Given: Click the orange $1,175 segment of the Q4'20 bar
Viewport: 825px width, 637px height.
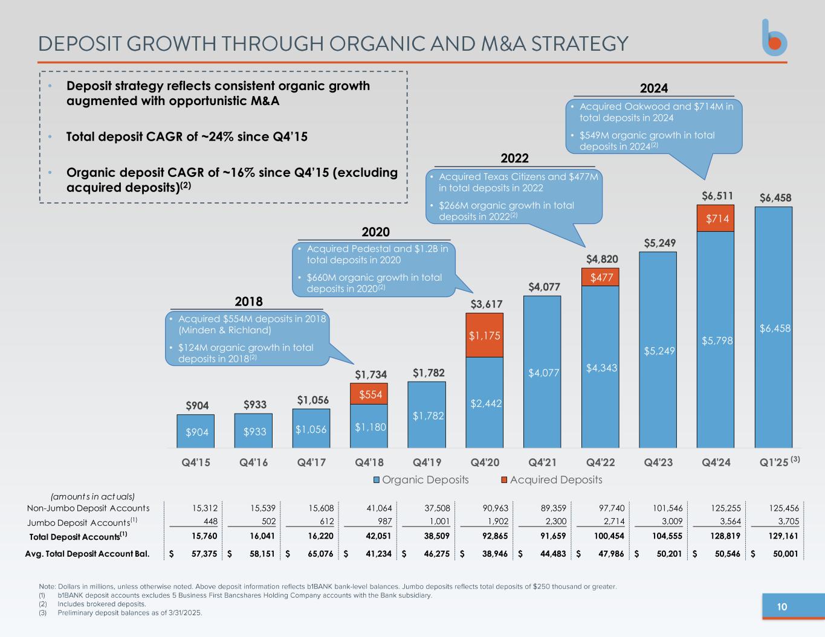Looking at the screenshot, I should pyautogui.click(x=485, y=335).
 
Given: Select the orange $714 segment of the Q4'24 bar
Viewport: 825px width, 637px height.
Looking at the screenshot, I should pyautogui.click(x=716, y=219).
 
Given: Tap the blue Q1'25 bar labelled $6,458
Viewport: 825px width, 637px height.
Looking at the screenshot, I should pyautogui.click(x=774, y=328).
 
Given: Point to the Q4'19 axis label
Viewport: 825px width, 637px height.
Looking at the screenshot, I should pyautogui.click(x=427, y=463).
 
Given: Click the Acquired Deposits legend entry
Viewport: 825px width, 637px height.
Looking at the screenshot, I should pyautogui.click(x=551, y=480).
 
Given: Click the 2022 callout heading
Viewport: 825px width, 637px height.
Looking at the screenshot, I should pyautogui.click(x=514, y=158).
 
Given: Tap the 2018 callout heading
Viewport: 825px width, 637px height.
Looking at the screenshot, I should pyautogui.click(x=248, y=301).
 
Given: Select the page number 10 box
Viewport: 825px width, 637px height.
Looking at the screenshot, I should pyautogui.click(x=781, y=607).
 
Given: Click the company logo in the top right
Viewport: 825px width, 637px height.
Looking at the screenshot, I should pyautogui.click(x=774, y=37).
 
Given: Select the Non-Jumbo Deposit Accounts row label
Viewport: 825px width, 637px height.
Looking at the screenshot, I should pyautogui.click(x=88, y=508).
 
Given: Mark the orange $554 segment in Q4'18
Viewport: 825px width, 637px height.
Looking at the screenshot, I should pyautogui.click(x=369, y=394).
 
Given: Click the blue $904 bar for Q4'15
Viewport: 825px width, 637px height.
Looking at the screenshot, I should pyautogui.click(x=196, y=431).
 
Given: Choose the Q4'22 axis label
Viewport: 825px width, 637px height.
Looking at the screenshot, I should pyautogui.click(x=600, y=463).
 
